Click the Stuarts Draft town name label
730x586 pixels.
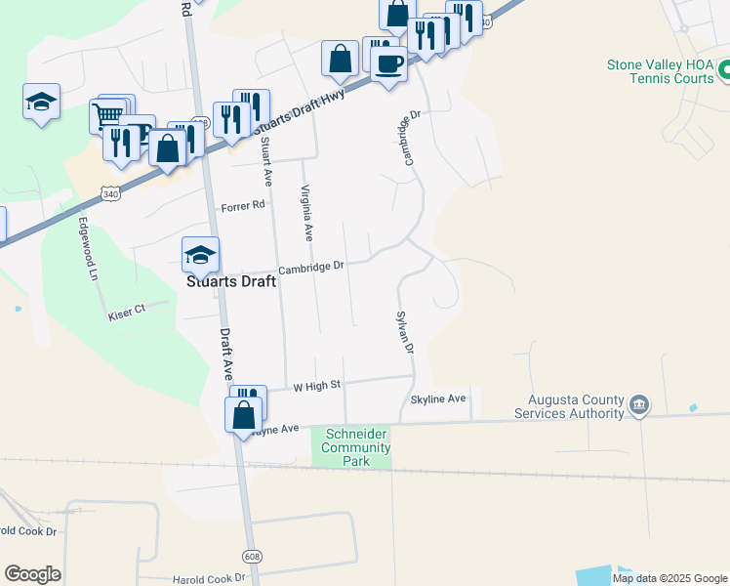coord(231,280)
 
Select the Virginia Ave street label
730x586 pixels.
coord(306,213)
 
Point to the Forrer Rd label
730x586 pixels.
coord(243,206)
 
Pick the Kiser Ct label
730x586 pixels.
coord(126,311)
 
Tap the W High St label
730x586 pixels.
coord(317,386)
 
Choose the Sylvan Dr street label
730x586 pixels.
coord(404,332)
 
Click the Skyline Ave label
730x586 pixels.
coord(438,398)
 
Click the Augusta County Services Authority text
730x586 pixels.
coord(576,406)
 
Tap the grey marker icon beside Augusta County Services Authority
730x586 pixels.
coord(639,404)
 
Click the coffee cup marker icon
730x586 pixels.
coord(388,63)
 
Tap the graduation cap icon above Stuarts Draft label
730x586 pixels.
coord(200,255)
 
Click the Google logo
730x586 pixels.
coord(32,574)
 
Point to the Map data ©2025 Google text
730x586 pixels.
coord(669,578)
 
